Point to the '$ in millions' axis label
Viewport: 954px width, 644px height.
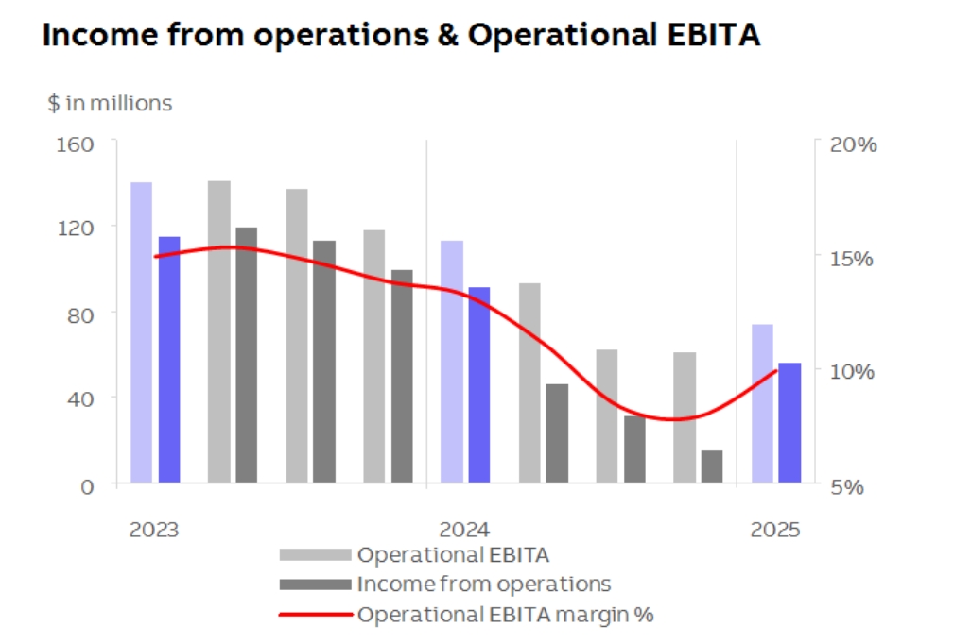(110, 103)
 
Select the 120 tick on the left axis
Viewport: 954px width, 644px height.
(77, 228)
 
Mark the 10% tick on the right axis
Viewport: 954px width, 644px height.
(853, 371)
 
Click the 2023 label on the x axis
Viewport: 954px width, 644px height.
(153, 529)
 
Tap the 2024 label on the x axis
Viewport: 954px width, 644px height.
(463, 529)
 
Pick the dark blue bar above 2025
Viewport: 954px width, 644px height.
(789, 423)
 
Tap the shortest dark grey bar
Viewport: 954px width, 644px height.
(711, 466)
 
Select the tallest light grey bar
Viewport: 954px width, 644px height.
(219, 331)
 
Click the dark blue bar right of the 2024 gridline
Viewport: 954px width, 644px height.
(479, 385)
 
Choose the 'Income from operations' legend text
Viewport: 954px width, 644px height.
(483, 584)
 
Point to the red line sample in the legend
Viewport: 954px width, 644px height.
(315, 615)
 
